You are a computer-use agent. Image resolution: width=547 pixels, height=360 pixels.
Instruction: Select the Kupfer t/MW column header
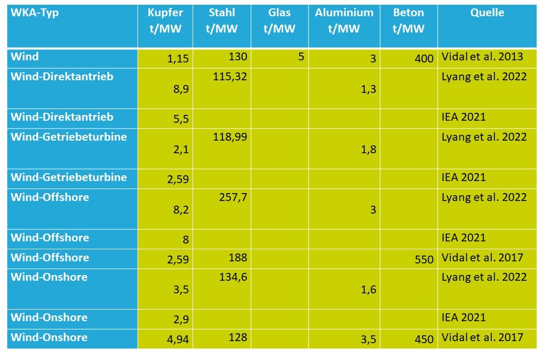pos(165,20)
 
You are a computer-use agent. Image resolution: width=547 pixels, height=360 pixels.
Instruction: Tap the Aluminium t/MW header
pos(344,20)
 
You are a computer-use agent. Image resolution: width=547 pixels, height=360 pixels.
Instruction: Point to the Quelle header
pos(487,13)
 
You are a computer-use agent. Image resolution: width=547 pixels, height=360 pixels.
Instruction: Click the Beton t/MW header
pos(408,20)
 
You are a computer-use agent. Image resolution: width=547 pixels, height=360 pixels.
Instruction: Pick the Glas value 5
pos(301,56)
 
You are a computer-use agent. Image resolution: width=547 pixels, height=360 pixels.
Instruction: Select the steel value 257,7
pos(234,198)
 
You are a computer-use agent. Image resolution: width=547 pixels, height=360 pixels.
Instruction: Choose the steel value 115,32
pos(230,77)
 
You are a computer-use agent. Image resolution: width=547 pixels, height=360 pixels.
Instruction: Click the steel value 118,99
pos(230,137)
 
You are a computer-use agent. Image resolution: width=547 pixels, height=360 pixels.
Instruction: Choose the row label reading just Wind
pos(25,57)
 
